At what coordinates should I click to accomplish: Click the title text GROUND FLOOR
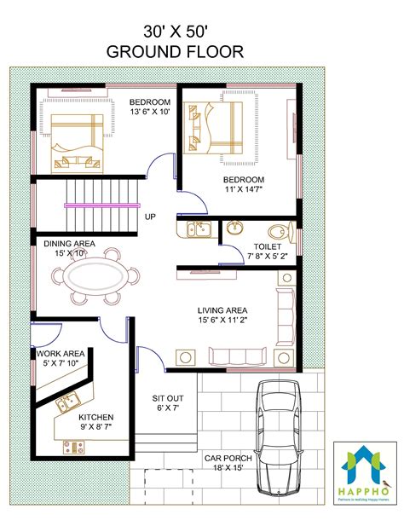point(174,51)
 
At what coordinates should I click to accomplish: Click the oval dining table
point(95,279)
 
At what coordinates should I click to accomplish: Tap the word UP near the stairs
point(150,217)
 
